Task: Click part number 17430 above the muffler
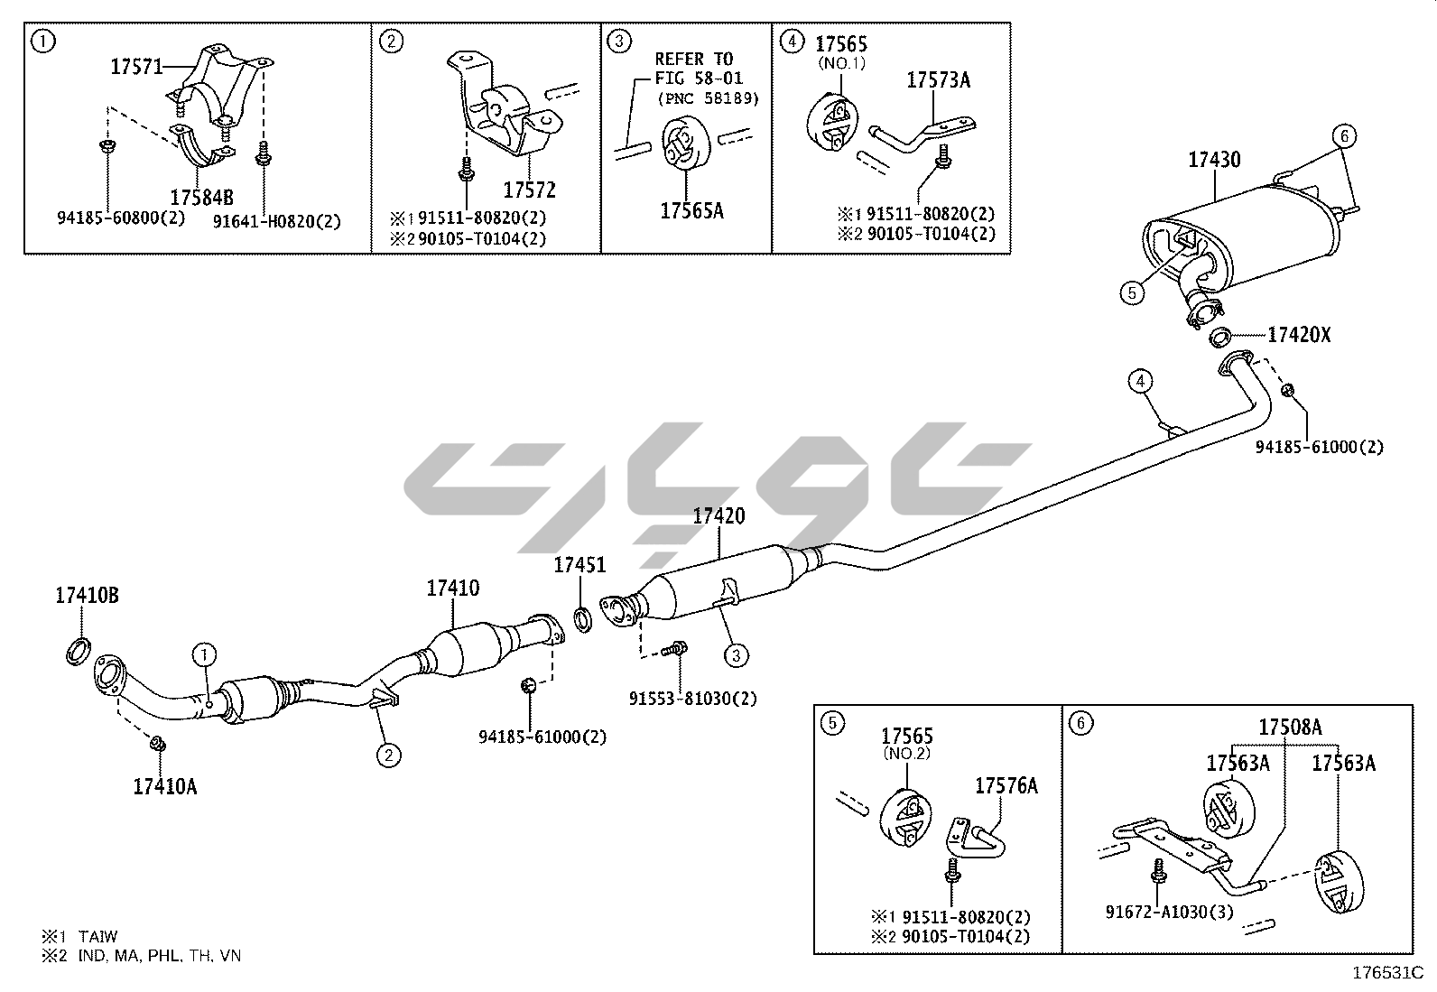pos(1213,160)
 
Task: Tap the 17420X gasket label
pos(1299,335)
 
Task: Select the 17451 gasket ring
pos(584,621)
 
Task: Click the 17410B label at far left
pos(87,596)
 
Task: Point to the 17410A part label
pos(164,786)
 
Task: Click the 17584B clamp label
pos(201,197)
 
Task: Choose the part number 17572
pos(529,190)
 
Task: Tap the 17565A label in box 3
pos(691,210)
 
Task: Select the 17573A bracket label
pos(938,80)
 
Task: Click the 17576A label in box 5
pos(1006,785)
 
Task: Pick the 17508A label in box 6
pos(1290,727)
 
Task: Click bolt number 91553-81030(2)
pos(692,698)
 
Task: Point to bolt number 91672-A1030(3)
pos(1169,911)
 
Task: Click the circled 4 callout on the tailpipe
pos(1141,381)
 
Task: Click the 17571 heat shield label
pos(136,66)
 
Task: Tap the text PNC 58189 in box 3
pos(708,97)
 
